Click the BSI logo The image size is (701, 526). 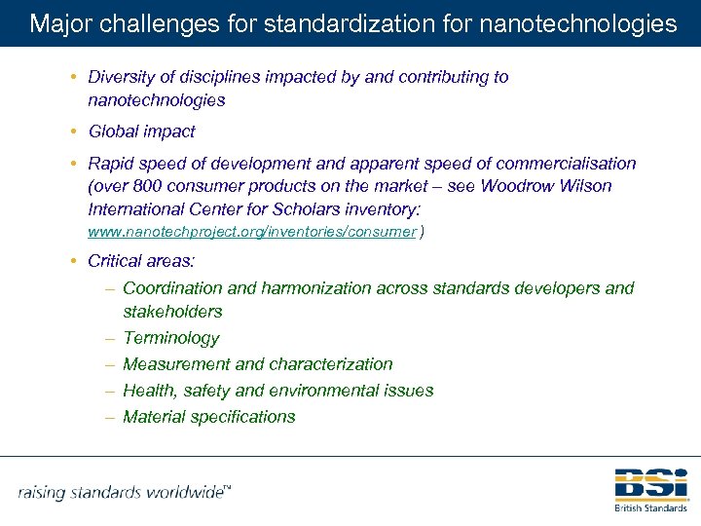point(650,484)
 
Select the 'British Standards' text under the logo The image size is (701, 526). point(650,507)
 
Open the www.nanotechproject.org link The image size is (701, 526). point(252,232)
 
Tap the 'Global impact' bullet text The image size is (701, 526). point(141,131)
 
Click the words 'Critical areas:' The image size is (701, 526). point(141,261)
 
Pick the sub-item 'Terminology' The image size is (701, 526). point(171,338)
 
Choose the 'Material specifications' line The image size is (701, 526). point(209,417)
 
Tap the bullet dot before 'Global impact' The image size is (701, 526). point(75,131)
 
